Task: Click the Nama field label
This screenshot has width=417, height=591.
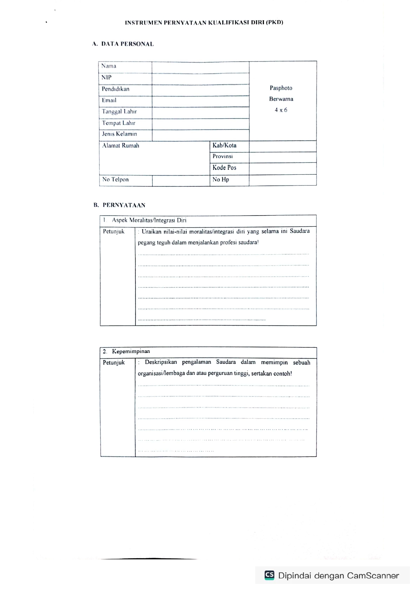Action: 109,66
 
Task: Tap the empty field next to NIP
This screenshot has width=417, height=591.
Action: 200,78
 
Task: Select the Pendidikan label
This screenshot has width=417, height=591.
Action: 115,89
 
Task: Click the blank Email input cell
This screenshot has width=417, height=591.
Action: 200,101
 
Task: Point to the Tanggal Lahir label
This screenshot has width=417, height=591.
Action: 119,111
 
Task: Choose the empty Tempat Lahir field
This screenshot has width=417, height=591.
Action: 200,124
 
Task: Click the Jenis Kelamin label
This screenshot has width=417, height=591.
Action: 119,134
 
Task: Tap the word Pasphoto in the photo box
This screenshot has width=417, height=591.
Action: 281,88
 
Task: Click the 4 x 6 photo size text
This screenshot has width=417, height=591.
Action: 281,110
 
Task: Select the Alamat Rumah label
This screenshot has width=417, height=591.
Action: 121,146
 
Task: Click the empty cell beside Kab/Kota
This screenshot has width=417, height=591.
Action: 282,146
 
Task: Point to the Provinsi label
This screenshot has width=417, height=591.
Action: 223,156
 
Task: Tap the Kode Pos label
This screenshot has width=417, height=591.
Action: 224,168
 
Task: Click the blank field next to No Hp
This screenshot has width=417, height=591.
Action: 282,180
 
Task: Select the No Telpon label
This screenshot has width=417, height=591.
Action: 115,179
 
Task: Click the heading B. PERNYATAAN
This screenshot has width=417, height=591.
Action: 120,205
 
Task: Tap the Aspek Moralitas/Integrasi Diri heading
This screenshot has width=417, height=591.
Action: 149,220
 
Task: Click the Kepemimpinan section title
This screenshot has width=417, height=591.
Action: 131,352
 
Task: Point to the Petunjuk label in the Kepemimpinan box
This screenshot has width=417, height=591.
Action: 114,363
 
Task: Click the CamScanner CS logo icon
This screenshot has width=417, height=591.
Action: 269,575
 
